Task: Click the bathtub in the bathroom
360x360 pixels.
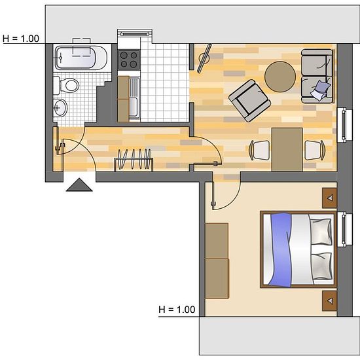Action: [81, 58]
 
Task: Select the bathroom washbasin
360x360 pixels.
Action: [60, 107]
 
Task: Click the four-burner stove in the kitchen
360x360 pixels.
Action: [128, 60]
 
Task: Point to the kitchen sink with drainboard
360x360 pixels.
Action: [134, 98]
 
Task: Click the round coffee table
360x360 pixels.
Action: [280, 77]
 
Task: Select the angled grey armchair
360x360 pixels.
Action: [250, 101]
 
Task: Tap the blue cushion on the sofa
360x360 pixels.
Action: [320, 90]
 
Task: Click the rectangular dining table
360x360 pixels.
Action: [287, 149]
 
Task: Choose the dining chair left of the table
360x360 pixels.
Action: [259, 150]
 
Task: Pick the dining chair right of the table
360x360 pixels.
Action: [315, 150]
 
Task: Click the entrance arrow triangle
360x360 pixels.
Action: [79, 185]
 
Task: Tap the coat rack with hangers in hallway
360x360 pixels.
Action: [134, 160]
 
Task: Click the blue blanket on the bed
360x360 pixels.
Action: [281, 250]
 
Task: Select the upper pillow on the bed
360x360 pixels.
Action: [321, 232]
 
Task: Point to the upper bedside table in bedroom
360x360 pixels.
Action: [329, 198]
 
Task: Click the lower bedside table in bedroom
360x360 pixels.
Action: [329, 301]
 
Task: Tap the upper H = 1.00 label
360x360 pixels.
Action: [21, 39]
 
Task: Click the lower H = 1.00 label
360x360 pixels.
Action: [177, 310]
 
